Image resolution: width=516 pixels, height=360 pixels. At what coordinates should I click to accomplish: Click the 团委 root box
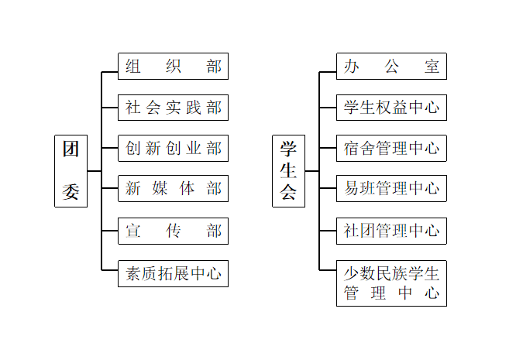pyautogui.click(x=71, y=171)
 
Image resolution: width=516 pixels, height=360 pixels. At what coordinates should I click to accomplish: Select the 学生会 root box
pyautogui.click(x=288, y=171)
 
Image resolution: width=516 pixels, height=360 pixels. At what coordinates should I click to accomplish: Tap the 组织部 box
pyautogui.click(x=173, y=67)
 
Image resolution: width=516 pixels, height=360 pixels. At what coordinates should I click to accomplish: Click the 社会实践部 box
pyautogui.click(x=173, y=108)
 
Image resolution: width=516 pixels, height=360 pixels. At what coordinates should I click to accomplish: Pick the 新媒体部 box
pyautogui.click(x=173, y=189)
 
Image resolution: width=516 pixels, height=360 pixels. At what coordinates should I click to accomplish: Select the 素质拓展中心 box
pyautogui.click(x=173, y=273)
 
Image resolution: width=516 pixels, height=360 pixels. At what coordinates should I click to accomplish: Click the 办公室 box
pyautogui.click(x=391, y=67)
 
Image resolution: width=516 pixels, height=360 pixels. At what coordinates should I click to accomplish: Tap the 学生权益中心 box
pyautogui.click(x=391, y=108)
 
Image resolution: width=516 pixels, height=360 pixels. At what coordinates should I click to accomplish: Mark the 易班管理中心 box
pyautogui.click(x=391, y=189)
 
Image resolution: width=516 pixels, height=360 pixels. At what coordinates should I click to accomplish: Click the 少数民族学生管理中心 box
pyautogui.click(x=391, y=283)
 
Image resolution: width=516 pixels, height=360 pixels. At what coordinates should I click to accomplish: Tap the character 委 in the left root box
pyautogui.click(x=71, y=192)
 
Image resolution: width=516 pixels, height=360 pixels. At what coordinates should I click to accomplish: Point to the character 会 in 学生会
pyautogui.click(x=288, y=193)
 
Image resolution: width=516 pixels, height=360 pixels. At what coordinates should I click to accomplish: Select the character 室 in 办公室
pyautogui.click(x=432, y=67)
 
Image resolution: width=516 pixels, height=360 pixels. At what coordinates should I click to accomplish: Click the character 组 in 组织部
pyautogui.click(x=132, y=67)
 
